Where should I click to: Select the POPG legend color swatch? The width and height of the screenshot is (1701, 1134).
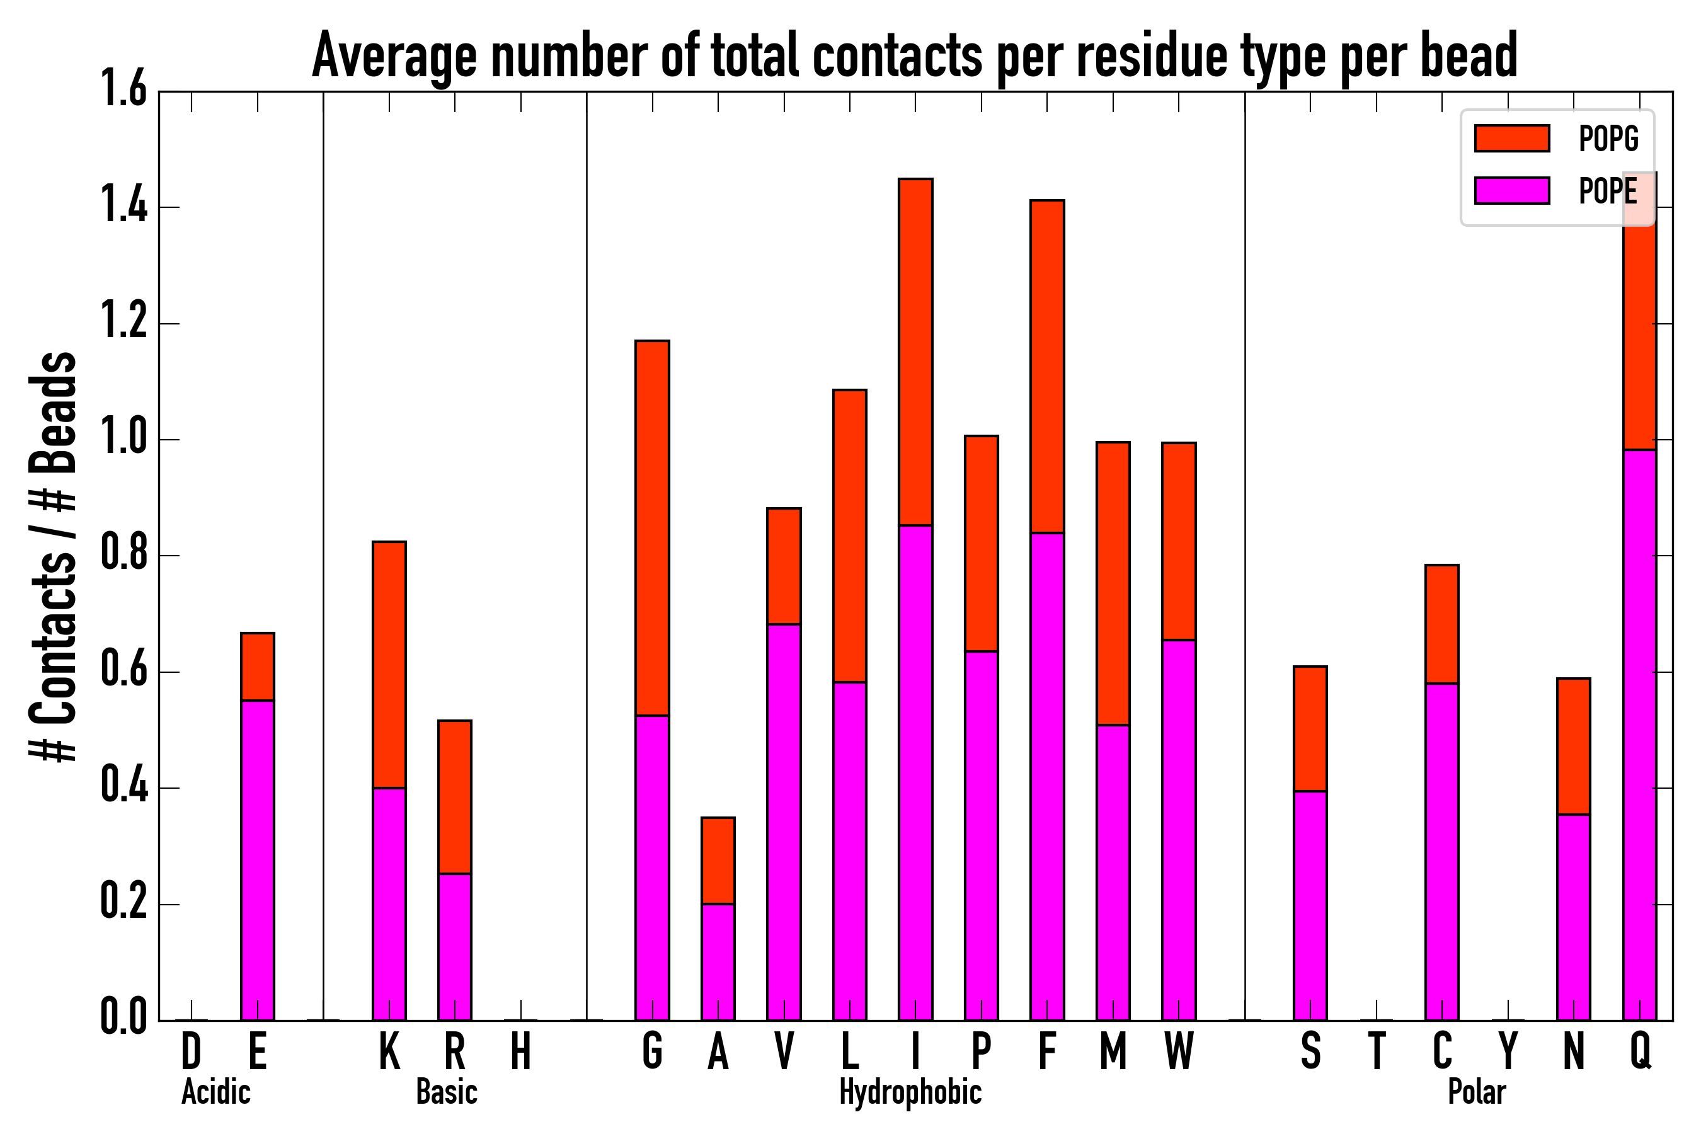pyautogui.click(x=1511, y=138)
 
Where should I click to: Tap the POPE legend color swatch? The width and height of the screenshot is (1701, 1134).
pyautogui.click(x=1511, y=190)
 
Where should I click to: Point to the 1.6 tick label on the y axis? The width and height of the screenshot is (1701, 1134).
pyautogui.click(x=123, y=89)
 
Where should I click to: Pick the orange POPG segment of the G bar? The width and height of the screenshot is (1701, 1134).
pyautogui.click(x=651, y=528)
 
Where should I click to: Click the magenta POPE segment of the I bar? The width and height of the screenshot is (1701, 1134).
pyautogui.click(x=915, y=772)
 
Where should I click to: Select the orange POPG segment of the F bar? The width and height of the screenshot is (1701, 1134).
pyautogui.click(x=1046, y=367)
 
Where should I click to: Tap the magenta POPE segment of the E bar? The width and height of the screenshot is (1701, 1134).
pyautogui.click(x=258, y=860)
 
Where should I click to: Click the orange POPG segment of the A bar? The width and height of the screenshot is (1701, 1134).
pyautogui.click(x=718, y=861)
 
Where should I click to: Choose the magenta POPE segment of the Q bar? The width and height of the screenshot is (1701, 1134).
pyautogui.click(x=1639, y=734)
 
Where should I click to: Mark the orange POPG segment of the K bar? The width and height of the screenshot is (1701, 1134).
pyautogui.click(x=389, y=665)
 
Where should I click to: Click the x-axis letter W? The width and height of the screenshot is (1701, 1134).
pyautogui.click(x=1179, y=1051)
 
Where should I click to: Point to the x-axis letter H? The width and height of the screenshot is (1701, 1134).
pyautogui.click(x=521, y=1051)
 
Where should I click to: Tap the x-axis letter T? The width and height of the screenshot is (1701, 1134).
pyautogui.click(x=1377, y=1051)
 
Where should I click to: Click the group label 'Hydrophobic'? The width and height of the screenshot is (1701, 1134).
pyautogui.click(x=910, y=1092)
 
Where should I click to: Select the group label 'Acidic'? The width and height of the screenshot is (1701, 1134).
pyautogui.click(x=215, y=1092)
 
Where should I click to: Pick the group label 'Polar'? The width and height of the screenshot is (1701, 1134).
pyautogui.click(x=1476, y=1092)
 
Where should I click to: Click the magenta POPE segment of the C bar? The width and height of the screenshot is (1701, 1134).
pyautogui.click(x=1442, y=852)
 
